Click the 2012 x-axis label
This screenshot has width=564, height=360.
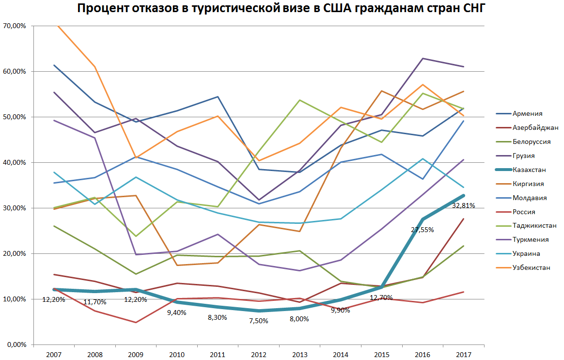pyautogui.click(x=259, y=355)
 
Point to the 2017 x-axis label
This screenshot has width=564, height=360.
pyautogui.click(x=463, y=355)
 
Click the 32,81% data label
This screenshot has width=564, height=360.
pyautogui.click(x=464, y=205)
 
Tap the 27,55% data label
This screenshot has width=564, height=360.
pyautogui.click(x=422, y=230)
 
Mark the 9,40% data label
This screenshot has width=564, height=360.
pyautogui.click(x=177, y=313)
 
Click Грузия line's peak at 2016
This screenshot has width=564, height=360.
pyautogui.click(x=423, y=58)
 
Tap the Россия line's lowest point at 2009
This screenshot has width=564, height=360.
pyautogui.click(x=136, y=322)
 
